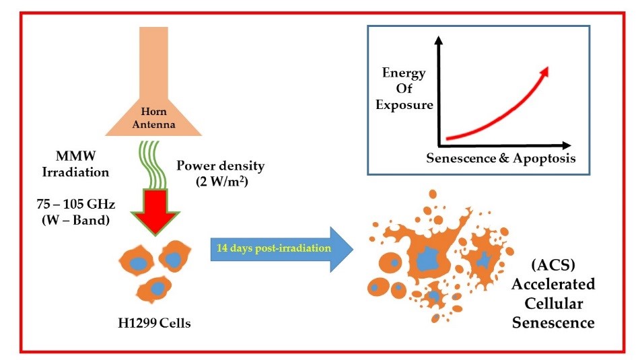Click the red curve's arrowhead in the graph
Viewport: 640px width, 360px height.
tap(544, 70)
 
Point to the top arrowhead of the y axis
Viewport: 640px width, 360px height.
tap(439, 40)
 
